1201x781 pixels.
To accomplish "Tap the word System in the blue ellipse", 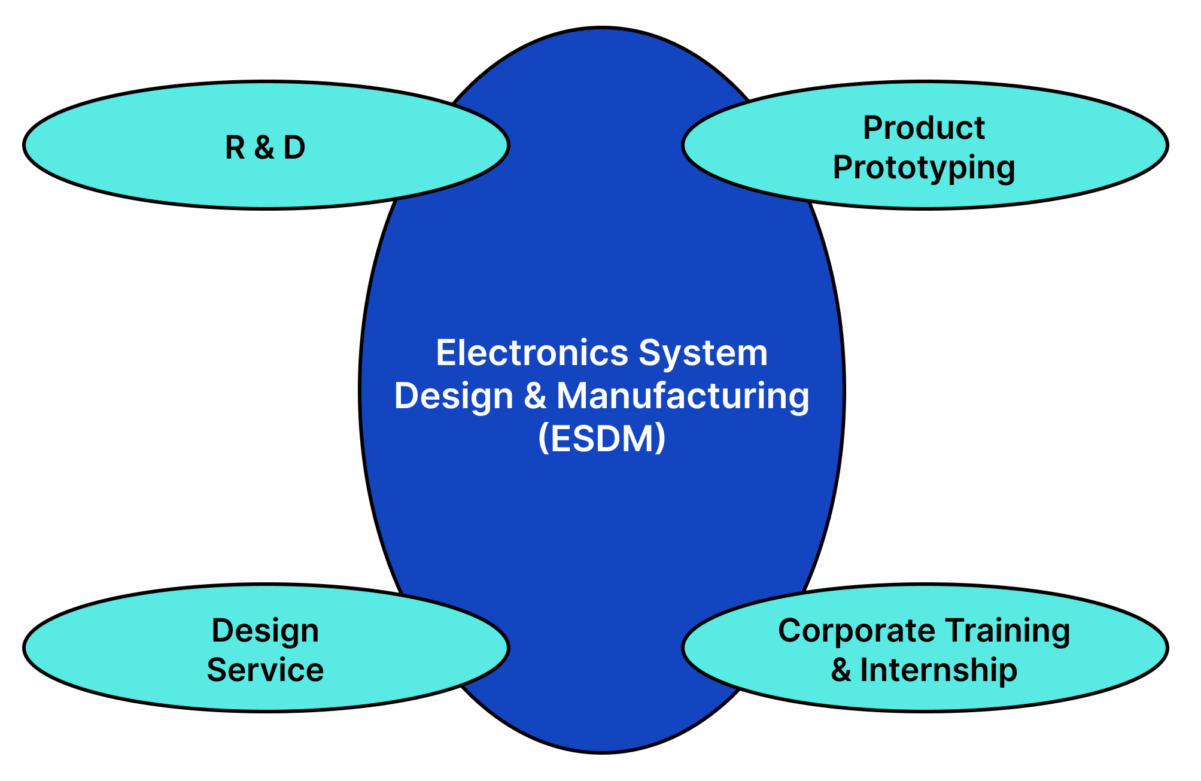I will coord(703,353).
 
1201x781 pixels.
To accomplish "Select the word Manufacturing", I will coord(683,396).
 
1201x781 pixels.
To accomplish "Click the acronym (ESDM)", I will coord(601,439).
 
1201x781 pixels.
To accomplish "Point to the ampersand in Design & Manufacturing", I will coord(535,396).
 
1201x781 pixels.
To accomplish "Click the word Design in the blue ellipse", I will coord(454,396).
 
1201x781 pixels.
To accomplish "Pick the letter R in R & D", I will coord(234,147).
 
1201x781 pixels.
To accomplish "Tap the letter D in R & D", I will coord(294,147).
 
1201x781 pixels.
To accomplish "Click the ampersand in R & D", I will coord(264,147).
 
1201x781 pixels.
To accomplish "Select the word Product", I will coord(924,128).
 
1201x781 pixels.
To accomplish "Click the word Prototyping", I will coord(924,168).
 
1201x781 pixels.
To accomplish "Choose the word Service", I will coord(265,670).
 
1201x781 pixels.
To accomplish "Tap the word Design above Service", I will coord(265,631).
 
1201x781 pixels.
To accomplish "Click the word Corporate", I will coord(857,631).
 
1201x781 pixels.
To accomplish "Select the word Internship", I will coord(938,670).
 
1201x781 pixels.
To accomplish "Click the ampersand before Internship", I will coord(841,670).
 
